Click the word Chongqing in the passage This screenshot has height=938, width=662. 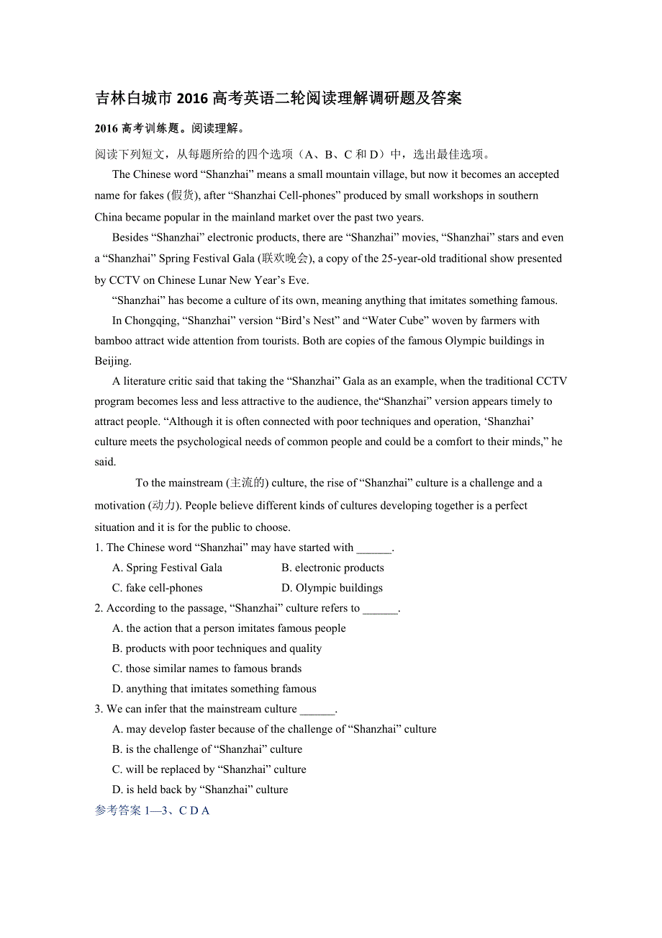pos(152,321)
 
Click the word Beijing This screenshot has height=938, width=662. pos(113,361)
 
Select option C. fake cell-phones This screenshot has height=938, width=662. pos(158,588)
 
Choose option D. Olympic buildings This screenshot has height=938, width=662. pos(332,588)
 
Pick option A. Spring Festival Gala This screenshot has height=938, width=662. pos(167,568)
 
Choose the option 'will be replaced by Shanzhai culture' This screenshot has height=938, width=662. pos(209,769)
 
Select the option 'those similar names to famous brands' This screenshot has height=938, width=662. pos(207,669)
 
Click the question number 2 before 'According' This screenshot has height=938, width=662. pos(98,608)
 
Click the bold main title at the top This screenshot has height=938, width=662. pos(278,98)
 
